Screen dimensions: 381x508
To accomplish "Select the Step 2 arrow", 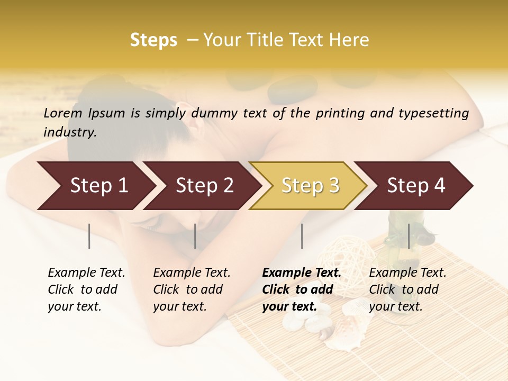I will (204, 186).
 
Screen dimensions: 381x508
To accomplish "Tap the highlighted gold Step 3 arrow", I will (310, 186).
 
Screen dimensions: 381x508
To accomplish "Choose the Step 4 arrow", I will (415, 186).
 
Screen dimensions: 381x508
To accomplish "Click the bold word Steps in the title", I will (153, 40).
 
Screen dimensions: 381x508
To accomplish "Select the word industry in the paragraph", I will (70, 132).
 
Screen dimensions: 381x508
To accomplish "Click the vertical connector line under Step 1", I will (89, 236).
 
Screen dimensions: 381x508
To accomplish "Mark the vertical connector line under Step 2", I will (195, 236).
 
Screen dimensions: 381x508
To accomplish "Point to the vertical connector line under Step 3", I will (302, 236).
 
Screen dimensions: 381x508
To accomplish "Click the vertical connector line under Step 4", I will (409, 236).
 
